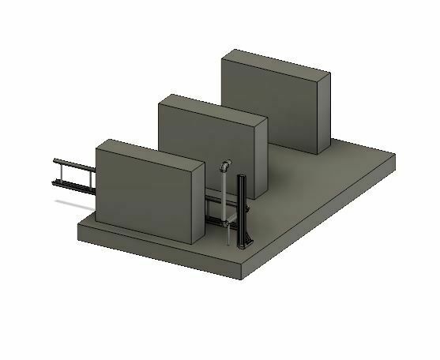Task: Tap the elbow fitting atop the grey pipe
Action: tap(226, 167)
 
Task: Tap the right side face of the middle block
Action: tap(261, 158)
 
